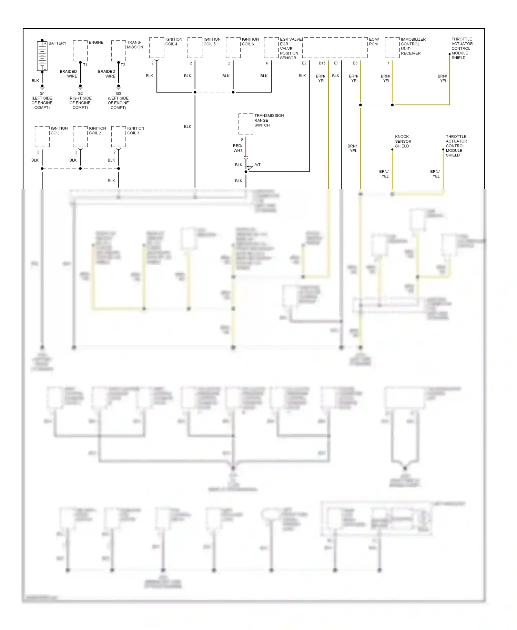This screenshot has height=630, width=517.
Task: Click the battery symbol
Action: click(42, 55)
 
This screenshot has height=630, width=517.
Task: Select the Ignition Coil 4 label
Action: click(173, 42)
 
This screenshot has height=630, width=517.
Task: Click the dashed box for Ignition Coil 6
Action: click(233, 48)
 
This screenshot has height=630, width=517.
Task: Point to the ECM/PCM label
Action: click(374, 42)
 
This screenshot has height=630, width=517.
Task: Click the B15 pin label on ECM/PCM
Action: click(322, 63)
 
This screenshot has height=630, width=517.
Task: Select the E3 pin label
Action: click(355, 63)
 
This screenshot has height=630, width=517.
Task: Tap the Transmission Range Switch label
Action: click(268, 120)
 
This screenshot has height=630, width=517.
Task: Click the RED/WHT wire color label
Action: click(238, 148)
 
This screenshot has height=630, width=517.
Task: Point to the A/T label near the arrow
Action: click(257, 165)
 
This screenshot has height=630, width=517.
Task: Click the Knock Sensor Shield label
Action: click(403, 141)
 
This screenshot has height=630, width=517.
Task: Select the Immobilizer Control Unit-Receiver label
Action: click(413, 46)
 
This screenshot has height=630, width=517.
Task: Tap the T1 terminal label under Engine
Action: click(85, 65)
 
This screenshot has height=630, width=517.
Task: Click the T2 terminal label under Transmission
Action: click(123, 65)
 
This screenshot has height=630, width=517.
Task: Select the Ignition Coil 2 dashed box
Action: click(80, 136)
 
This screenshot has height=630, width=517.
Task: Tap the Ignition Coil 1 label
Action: click(59, 131)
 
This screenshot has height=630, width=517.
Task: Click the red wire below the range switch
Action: click(246, 146)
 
